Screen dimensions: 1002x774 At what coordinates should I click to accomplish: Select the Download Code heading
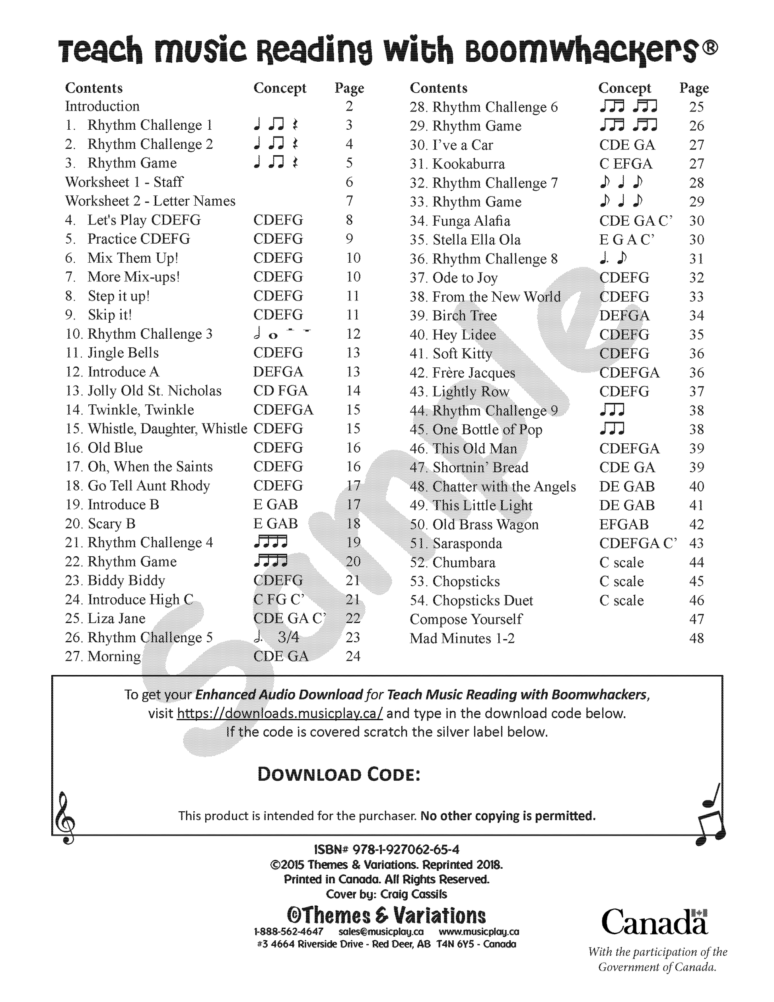click(338, 774)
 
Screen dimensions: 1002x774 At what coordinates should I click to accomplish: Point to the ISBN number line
click(386, 849)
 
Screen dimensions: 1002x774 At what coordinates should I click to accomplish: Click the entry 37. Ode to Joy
click(465, 278)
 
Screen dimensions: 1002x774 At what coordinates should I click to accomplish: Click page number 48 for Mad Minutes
click(696, 638)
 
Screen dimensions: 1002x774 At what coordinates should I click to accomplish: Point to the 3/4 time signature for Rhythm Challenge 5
click(288, 637)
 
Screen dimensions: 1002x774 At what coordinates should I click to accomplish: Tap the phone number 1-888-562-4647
click(288, 932)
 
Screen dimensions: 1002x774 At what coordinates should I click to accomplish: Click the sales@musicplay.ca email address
click(381, 932)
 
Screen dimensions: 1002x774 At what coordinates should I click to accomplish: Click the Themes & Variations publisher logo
click(386, 915)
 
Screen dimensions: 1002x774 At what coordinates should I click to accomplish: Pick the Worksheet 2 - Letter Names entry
click(150, 201)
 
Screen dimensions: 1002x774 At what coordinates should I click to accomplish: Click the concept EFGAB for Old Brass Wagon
click(624, 524)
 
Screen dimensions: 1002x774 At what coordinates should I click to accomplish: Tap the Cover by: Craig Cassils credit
click(386, 894)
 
